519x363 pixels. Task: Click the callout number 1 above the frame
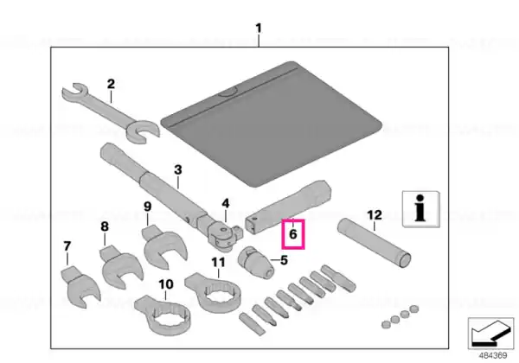tap(259, 29)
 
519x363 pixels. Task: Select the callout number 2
tap(111, 84)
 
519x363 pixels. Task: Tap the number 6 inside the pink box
tap(293, 234)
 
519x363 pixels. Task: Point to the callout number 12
tap(375, 215)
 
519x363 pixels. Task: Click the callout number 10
tap(166, 284)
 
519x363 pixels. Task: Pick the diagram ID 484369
tap(493, 355)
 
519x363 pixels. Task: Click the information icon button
tap(421, 209)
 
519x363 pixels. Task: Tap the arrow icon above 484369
tap(490, 334)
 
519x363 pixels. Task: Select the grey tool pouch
tap(272, 124)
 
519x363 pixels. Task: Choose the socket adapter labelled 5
tap(255, 263)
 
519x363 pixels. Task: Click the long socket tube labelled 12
tap(374, 243)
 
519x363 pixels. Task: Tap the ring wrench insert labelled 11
tap(213, 292)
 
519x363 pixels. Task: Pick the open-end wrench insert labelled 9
tap(164, 247)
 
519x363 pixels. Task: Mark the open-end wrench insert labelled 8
tap(120, 266)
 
